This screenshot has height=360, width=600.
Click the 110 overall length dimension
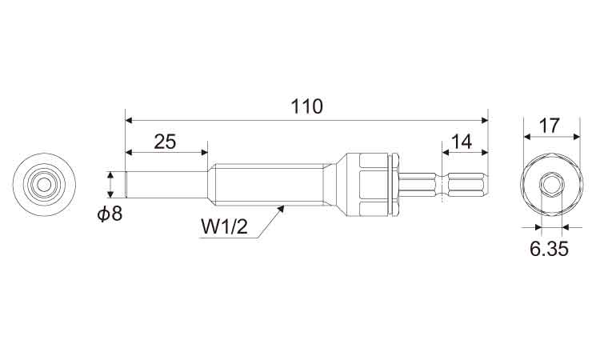(x=307, y=106)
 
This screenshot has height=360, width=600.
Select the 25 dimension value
(x=166, y=142)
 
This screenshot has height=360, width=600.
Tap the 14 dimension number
(x=462, y=142)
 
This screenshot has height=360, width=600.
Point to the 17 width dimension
(x=549, y=126)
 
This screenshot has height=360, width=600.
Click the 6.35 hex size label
(x=549, y=250)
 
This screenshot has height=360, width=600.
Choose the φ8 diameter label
(x=110, y=214)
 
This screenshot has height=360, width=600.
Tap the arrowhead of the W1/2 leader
(x=282, y=208)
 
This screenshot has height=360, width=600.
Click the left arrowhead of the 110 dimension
(x=129, y=121)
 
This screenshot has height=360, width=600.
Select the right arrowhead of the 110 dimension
(x=485, y=121)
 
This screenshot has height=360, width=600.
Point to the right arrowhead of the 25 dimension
(x=203, y=152)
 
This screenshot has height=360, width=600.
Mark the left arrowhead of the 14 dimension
(x=446, y=152)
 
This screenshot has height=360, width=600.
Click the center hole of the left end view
(x=44, y=185)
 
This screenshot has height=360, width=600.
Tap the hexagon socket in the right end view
(x=551, y=185)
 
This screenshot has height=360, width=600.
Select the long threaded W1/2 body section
(x=266, y=185)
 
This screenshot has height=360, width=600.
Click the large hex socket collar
(x=373, y=185)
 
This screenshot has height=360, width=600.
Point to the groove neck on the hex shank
(x=442, y=185)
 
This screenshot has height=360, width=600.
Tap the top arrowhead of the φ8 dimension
(x=110, y=175)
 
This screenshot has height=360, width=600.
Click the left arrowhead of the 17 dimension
(x=527, y=136)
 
